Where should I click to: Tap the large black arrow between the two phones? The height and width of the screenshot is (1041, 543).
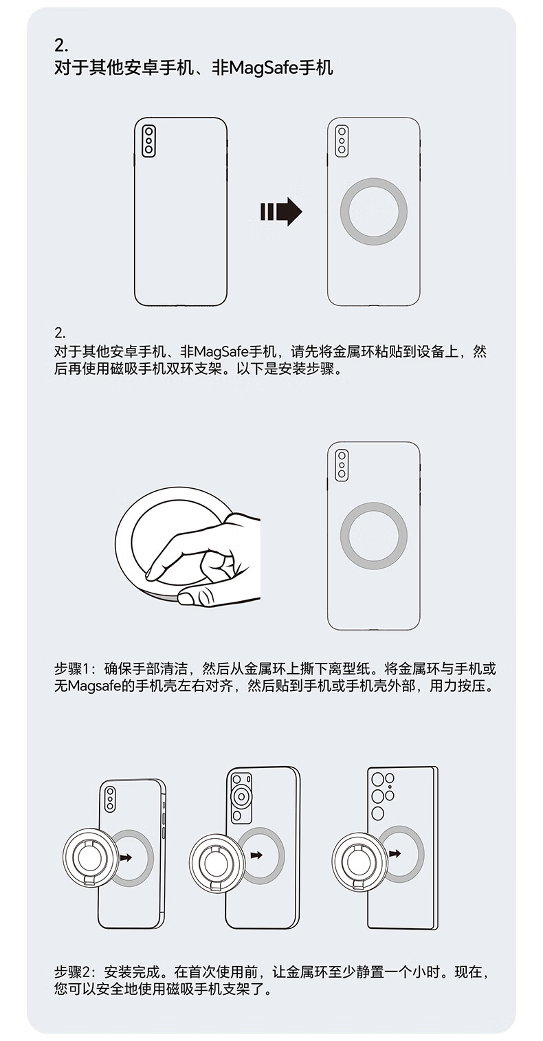(281, 212)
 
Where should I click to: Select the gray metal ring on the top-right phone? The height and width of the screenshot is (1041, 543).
(373, 211)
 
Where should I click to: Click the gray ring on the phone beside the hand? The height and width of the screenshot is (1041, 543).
(373, 536)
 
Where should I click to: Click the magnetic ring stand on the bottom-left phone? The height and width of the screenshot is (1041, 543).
(88, 856)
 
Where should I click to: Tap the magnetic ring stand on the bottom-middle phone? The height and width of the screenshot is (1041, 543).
(214, 856)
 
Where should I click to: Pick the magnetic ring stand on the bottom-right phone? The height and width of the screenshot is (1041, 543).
(357, 856)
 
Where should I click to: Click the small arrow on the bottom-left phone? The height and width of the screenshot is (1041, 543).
(125, 857)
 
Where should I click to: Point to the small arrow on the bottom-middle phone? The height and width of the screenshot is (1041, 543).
(256, 855)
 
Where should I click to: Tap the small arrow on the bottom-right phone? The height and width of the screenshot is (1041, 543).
(395, 854)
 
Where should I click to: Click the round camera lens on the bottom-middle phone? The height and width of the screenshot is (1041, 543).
(241, 798)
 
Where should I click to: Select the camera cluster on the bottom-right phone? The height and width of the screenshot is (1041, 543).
(382, 796)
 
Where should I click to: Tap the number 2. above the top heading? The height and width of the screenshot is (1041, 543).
(61, 46)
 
